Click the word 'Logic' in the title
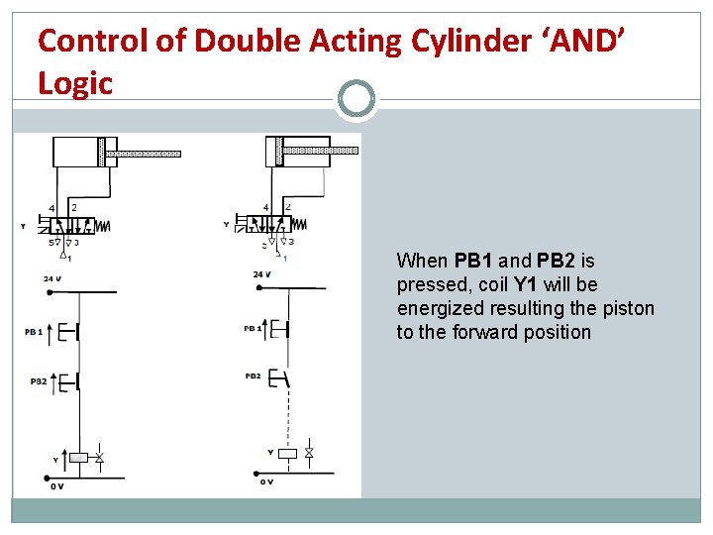[75, 83]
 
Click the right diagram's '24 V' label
[261, 274]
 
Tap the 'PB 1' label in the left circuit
[34, 332]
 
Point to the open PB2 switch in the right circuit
[283, 376]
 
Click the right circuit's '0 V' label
[265, 481]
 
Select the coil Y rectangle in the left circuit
[78, 457]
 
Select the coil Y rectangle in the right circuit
[287, 454]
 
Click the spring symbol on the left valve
[104, 226]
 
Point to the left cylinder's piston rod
[144, 154]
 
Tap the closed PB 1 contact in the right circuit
[283, 328]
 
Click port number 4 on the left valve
[52, 208]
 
